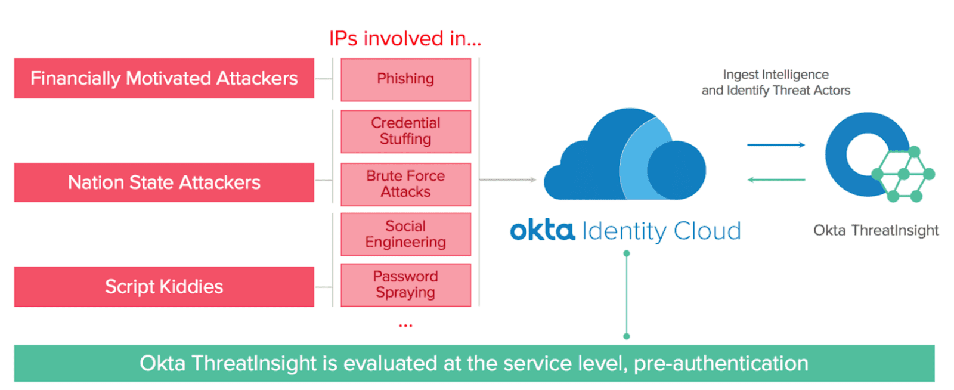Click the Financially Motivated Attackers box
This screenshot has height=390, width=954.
coord(164,78)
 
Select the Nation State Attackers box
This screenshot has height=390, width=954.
coord(164,182)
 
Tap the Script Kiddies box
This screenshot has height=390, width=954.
coord(164,287)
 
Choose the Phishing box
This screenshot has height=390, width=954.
coord(405,79)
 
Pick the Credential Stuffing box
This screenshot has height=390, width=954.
coord(405,131)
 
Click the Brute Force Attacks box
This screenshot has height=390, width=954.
coord(405,184)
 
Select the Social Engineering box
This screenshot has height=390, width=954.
coord(405,234)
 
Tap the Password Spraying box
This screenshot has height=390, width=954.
coord(405,285)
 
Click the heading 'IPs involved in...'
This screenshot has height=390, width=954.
coord(405,39)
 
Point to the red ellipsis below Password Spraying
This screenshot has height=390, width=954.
coord(405,326)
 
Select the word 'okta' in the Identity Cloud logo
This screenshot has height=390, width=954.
coord(542,230)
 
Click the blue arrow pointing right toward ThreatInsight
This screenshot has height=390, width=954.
coord(776,144)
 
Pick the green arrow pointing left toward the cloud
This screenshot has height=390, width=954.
coord(776,179)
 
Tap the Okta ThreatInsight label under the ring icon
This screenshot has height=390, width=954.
coord(876,231)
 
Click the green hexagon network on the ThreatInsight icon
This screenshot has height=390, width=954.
coord(904,174)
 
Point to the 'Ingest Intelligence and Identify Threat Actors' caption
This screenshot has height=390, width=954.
coord(776,82)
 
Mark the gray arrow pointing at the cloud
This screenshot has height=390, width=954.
coord(507,179)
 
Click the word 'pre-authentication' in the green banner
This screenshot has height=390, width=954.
coord(721,363)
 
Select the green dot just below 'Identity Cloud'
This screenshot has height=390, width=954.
coord(626,253)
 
